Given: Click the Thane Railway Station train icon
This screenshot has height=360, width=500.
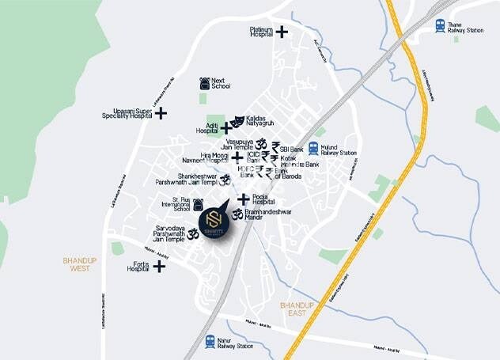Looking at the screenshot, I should [440, 27].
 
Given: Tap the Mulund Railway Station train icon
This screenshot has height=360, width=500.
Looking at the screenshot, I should [314, 148].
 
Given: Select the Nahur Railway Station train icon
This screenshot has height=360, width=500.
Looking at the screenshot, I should [210, 342].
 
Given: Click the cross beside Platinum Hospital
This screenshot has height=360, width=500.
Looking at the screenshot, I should [281, 32].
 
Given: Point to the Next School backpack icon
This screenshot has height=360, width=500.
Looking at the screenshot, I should [204, 82].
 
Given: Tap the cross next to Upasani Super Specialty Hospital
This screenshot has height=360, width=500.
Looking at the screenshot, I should [161, 113].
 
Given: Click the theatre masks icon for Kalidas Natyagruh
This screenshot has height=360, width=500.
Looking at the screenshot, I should [237, 119].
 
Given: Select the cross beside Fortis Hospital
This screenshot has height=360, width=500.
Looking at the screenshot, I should [159, 266].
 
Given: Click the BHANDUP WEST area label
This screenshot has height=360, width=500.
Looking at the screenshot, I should [79, 263].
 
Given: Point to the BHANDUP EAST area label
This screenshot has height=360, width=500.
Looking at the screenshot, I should [297, 309].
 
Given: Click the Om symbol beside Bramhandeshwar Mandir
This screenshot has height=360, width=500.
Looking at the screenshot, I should [237, 213].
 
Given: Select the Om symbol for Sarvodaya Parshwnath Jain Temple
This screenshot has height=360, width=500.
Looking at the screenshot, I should [193, 233].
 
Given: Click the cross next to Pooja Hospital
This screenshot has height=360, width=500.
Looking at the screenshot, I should [244, 199].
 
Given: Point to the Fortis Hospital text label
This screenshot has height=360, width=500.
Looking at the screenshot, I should [138, 266].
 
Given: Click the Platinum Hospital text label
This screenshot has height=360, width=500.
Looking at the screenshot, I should [256, 32].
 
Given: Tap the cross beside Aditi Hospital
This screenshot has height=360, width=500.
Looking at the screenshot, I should [226, 127].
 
